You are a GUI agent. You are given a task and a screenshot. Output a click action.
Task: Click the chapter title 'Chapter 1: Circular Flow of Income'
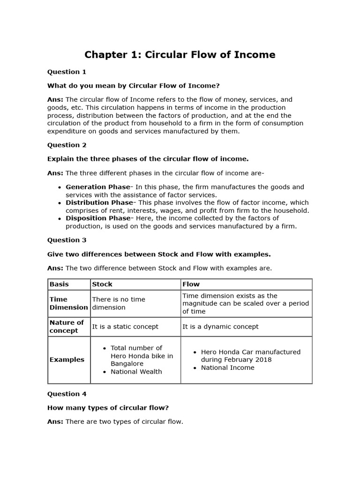tap(180, 55)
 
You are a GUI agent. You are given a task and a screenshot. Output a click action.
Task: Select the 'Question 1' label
tap(67, 72)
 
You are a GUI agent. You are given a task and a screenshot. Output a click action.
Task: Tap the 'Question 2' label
tap(67, 145)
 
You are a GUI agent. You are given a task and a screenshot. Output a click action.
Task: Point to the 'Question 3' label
tap(67, 240)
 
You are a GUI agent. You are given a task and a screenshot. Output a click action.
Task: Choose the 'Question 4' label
tap(67, 394)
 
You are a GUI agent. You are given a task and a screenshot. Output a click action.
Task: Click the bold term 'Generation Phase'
tap(97, 187)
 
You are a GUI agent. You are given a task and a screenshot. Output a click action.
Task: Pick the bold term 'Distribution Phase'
tap(99, 202)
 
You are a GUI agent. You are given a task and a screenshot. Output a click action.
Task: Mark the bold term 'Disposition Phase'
tap(98, 218)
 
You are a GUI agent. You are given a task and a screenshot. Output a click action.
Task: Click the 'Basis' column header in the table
tap(59, 284)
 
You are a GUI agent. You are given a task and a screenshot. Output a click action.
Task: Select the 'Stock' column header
tap(102, 284)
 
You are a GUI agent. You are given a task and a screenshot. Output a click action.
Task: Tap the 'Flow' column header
tap(191, 284)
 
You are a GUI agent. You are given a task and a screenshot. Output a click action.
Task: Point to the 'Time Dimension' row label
tap(68, 303)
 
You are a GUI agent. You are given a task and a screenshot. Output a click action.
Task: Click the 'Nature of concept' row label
tap(67, 326)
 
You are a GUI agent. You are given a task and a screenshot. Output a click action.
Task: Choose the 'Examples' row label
tap(67, 360)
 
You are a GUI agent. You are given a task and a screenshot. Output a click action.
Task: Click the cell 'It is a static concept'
tap(125, 326)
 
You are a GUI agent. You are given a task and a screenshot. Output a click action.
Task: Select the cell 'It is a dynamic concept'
tap(220, 326)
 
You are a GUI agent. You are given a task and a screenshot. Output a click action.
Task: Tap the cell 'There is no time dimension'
tap(119, 303)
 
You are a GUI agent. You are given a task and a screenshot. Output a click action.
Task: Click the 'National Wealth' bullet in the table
tap(136, 372)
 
